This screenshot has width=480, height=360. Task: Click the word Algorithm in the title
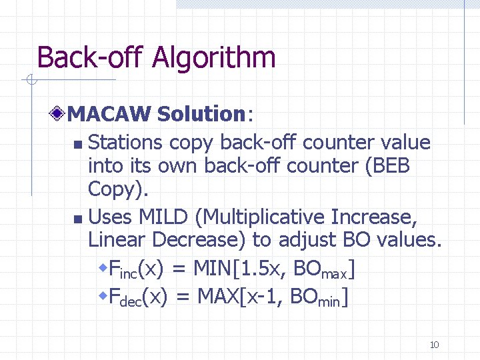coord(213,57)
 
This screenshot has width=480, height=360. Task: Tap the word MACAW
coord(110,115)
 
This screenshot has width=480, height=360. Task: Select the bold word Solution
coord(202,115)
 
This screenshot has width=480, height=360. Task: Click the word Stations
coord(125,143)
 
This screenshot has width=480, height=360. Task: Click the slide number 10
coord(434,345)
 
